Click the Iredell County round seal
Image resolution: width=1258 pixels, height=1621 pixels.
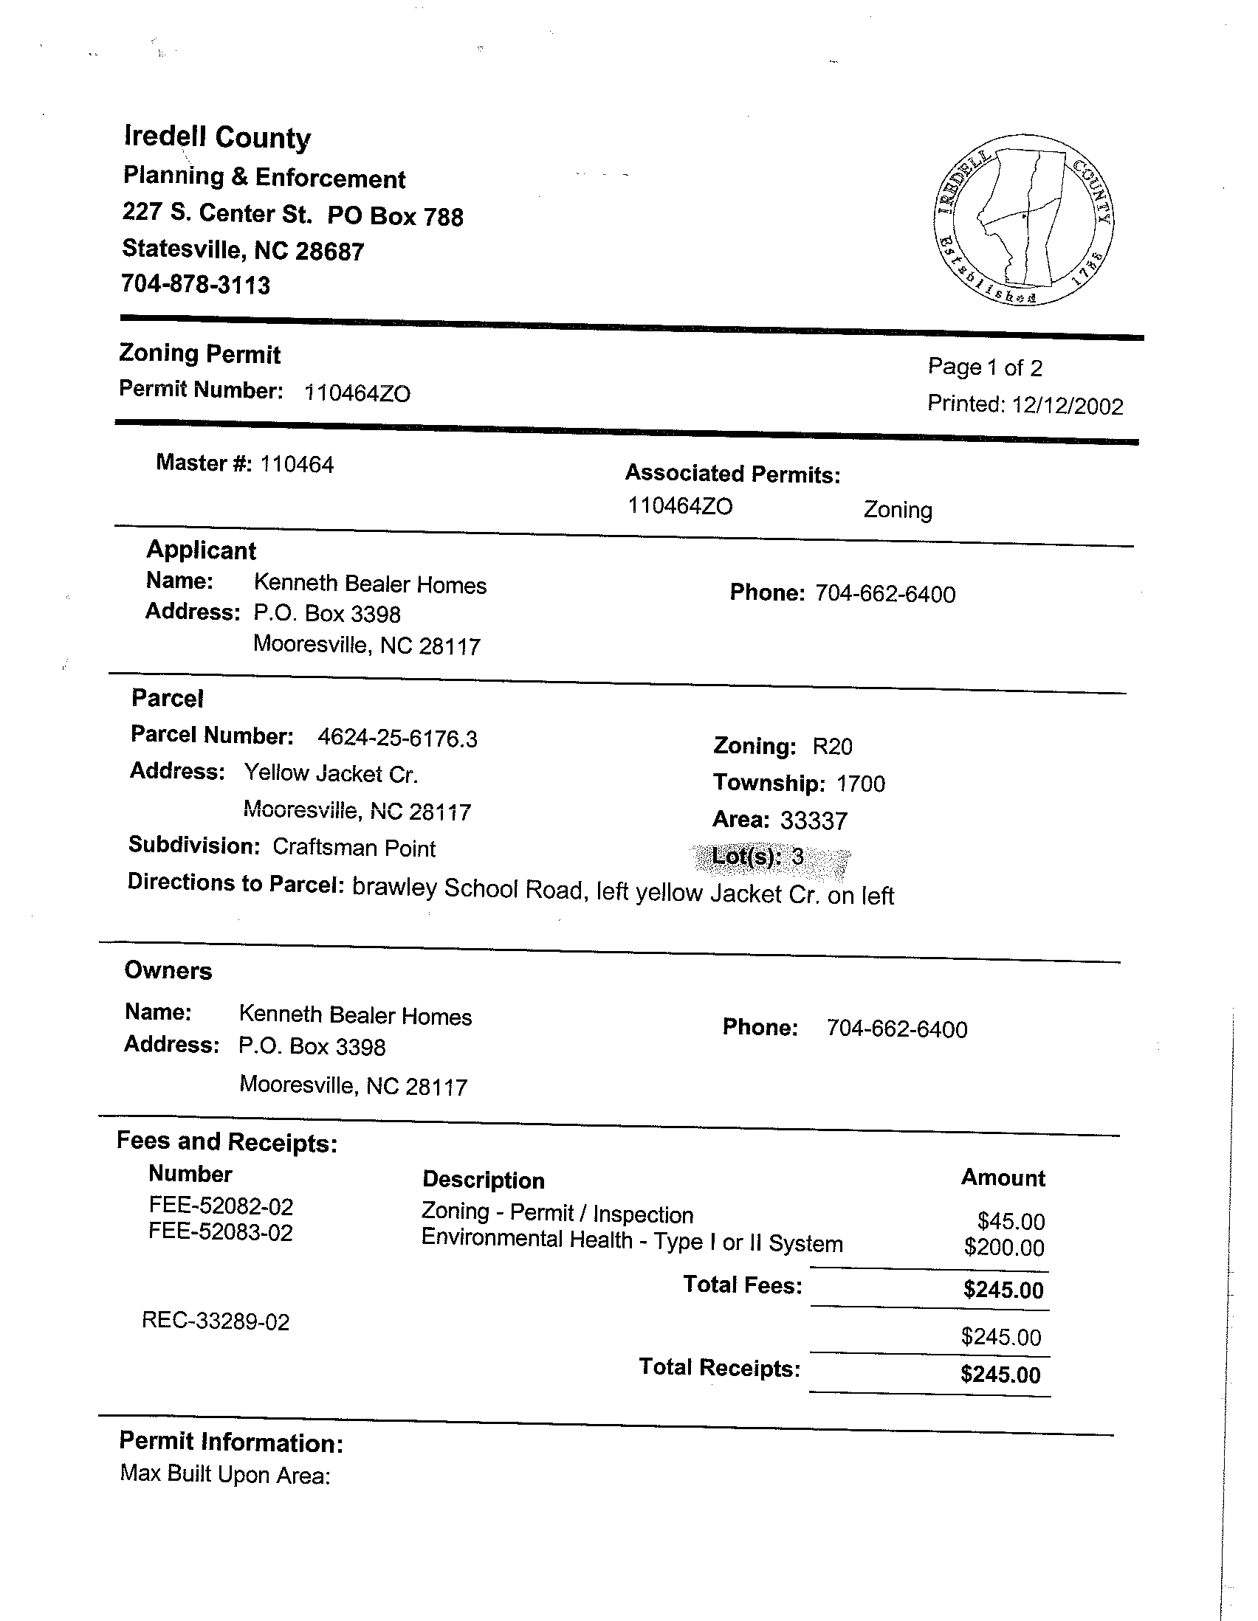point(1024,220)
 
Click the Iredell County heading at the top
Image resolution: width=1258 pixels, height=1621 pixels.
point(217,138)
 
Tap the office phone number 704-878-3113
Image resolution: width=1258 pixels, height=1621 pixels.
point(196,285)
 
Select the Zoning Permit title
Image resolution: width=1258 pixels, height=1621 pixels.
point(200,354)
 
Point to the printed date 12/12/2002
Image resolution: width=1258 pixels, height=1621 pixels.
point(1068,406)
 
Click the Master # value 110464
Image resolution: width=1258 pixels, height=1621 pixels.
point(297,466)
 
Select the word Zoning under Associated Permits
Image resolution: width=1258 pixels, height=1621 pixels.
point(897,511)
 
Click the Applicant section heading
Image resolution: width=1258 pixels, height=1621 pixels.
point(202,550)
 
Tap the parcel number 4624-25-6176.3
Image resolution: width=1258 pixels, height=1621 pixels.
point(397,739)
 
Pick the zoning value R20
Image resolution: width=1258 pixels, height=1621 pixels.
point(833,747)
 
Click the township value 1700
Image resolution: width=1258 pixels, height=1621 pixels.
point(861,784)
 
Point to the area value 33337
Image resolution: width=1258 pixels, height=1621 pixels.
point(813,821)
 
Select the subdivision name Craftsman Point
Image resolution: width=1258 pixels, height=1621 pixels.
point(354,848)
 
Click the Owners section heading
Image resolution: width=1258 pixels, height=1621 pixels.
point(168,971)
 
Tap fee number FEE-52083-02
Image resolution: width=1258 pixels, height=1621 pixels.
point(221,1233)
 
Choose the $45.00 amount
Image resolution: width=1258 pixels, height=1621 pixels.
point(1011,1221)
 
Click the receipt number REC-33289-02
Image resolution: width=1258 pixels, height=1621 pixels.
point(216,1322)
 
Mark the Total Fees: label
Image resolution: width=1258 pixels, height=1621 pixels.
point(742,1285)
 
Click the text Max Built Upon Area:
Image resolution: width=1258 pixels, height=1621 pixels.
point(225,1474)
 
